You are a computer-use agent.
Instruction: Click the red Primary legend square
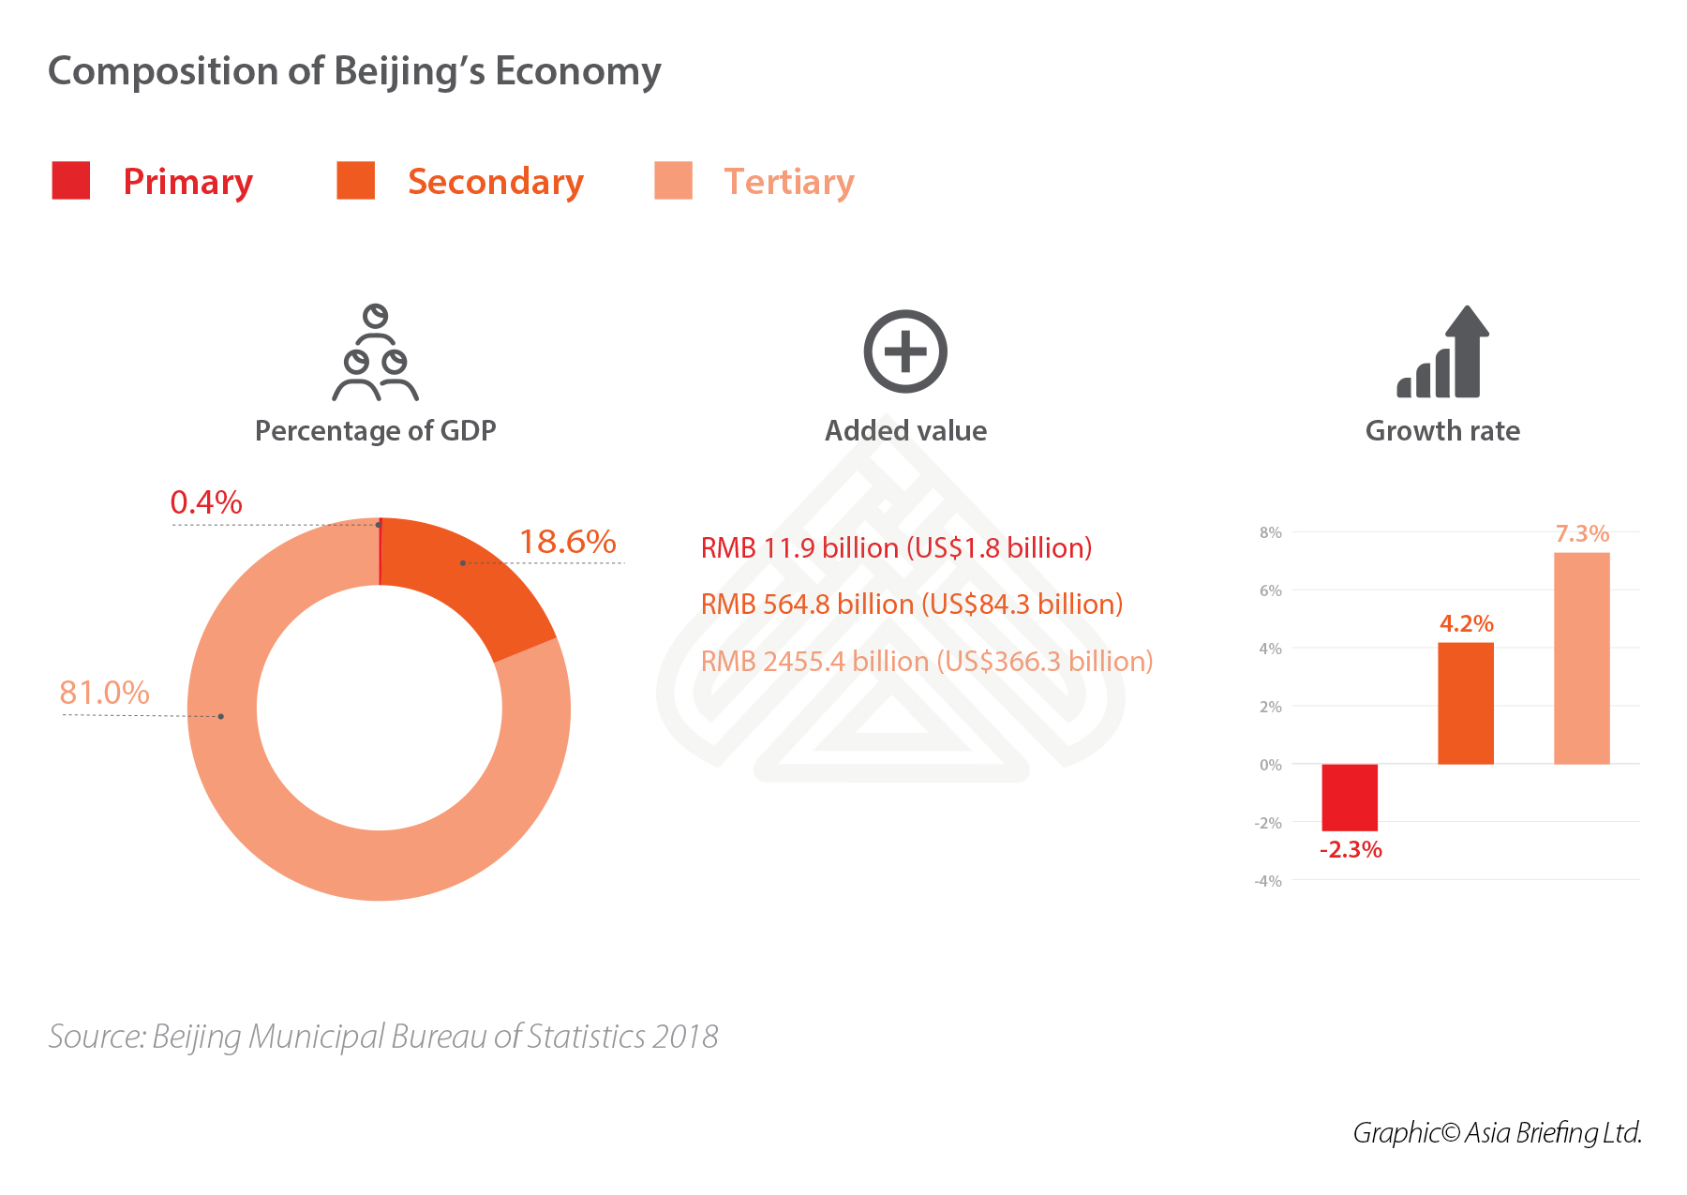(71, 180)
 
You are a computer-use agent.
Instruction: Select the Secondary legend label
(495, 182)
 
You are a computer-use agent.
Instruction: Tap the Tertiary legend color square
(673, 180)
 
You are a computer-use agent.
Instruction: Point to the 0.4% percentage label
(206, 502)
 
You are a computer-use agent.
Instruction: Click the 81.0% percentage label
(104, 693)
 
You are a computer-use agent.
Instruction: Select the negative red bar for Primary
(1350, 797)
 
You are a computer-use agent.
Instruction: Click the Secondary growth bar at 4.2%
(1466, 703)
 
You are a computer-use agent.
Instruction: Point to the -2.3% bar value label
(1351, 850)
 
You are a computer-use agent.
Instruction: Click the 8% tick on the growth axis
(1270, 532)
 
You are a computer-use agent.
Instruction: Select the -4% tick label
(1268, 881)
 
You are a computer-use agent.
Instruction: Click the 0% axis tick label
(1270, 765)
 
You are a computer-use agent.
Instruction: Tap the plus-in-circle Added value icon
(905, 351)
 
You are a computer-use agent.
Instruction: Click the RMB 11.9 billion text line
(896, 547)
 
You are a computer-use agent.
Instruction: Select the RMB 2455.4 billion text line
(926, 662)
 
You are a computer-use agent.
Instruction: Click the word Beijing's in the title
(410, 72)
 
